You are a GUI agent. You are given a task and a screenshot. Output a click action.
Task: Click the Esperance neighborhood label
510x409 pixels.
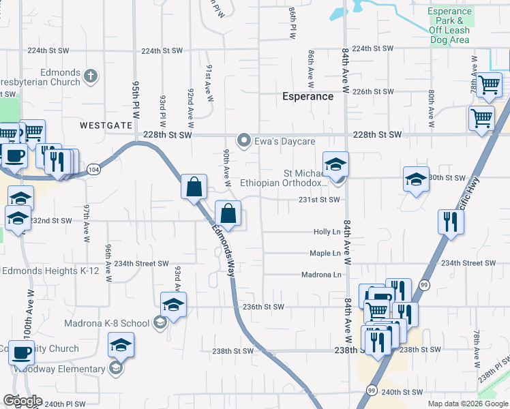point(308,97)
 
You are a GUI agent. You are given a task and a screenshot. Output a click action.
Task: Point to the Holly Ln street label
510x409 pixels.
point(327,232)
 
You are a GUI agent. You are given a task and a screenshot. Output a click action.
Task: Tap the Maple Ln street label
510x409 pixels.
point(325,254)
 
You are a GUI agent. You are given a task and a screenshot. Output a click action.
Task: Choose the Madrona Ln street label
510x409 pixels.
point(320,275)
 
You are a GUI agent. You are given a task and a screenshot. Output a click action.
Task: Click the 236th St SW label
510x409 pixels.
point(263,307)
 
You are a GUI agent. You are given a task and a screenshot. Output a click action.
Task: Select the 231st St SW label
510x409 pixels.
point(319,200)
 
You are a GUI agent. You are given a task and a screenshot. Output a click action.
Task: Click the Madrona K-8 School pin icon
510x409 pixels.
point(160,322)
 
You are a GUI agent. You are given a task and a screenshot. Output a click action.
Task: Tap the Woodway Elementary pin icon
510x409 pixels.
point(116,369)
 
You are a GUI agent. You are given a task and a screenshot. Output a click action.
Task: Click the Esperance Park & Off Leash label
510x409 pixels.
point(450,21)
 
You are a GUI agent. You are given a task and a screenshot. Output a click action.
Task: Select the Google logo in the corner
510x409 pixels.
point(23,401)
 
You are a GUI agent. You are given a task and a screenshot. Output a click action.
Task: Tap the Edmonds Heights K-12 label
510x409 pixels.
point(51,271)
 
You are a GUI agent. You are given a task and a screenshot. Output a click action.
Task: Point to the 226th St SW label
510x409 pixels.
point(374,91)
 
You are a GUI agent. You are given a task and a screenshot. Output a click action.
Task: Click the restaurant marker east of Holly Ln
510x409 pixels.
point(450,222)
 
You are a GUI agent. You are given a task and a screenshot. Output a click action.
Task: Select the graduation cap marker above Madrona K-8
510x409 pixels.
point(173,304)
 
